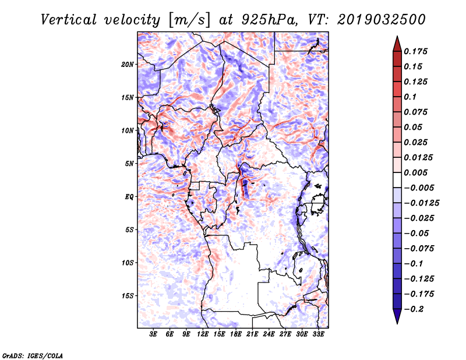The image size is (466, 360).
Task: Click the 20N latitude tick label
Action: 128,64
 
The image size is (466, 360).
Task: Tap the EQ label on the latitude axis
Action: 130,197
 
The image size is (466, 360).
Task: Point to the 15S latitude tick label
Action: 128,296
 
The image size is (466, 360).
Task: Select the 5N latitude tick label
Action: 129,164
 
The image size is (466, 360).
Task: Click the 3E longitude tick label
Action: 154,334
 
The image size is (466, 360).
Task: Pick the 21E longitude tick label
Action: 253,334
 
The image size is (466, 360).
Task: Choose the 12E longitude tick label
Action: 203,334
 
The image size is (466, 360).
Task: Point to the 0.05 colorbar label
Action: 414,127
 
